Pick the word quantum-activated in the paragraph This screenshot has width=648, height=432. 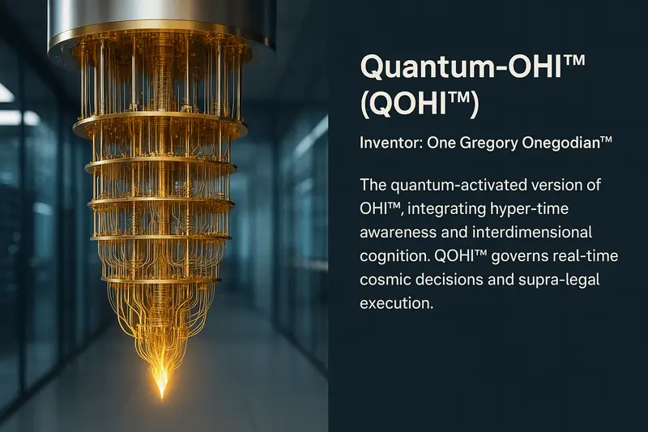pyautogui.click(x=461, y=186)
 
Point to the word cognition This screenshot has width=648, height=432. pyautogui.click(x=391, y=257)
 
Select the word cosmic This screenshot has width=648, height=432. pyautogui.click(x=385, y=280)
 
